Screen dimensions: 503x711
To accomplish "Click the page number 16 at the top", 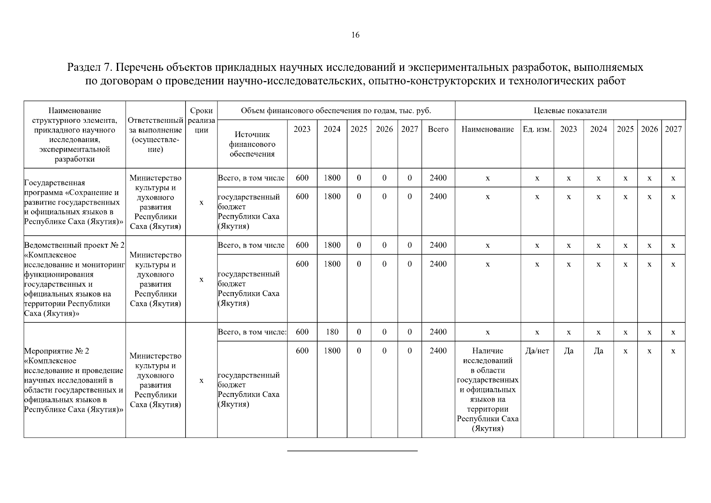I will tap(355, 35).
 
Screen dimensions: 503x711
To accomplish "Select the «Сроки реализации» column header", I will tap(201, 120).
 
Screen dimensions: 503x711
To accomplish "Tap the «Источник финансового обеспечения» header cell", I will tap(252, 144).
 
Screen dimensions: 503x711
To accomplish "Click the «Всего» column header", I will tap(438, 129).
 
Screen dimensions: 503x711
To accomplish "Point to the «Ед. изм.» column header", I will tap(537, 129).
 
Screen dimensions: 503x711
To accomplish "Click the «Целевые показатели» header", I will tap(570, 111).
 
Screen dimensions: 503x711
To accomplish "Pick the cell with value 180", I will tap(332, 332).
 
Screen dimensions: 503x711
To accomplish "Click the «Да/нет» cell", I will tap(537, 351).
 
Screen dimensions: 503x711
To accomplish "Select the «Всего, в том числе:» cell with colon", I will tap(252, 332).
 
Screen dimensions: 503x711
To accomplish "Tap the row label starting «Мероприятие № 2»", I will tap(74, 380).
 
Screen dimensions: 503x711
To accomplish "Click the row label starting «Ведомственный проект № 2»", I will tap(74, 279).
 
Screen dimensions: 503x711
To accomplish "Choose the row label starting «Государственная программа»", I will tap(74, 202).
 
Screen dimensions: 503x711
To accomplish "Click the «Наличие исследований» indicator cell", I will tap(488, 389).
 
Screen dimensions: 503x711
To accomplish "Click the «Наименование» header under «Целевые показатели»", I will tap(488, 129).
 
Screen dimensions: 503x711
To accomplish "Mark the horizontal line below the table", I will tap(352, 451).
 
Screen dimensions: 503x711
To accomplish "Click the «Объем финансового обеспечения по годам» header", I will tap(336, 111).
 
